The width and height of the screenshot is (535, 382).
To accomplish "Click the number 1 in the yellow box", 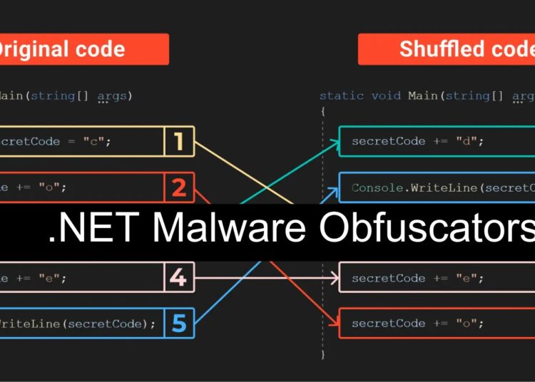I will pos(178,141).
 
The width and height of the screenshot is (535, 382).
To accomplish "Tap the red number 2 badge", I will pos(178,187).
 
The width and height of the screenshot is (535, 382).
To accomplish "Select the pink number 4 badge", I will pos(178,277).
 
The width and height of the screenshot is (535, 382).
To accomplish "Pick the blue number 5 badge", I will pos(178,324).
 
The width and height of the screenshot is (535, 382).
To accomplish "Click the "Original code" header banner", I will pos(82,49).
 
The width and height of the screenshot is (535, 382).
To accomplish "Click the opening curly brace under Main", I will pos(322,112).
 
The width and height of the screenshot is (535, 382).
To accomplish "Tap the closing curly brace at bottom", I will pos(322,353).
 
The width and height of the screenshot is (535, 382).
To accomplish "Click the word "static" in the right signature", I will pos(340,95).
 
